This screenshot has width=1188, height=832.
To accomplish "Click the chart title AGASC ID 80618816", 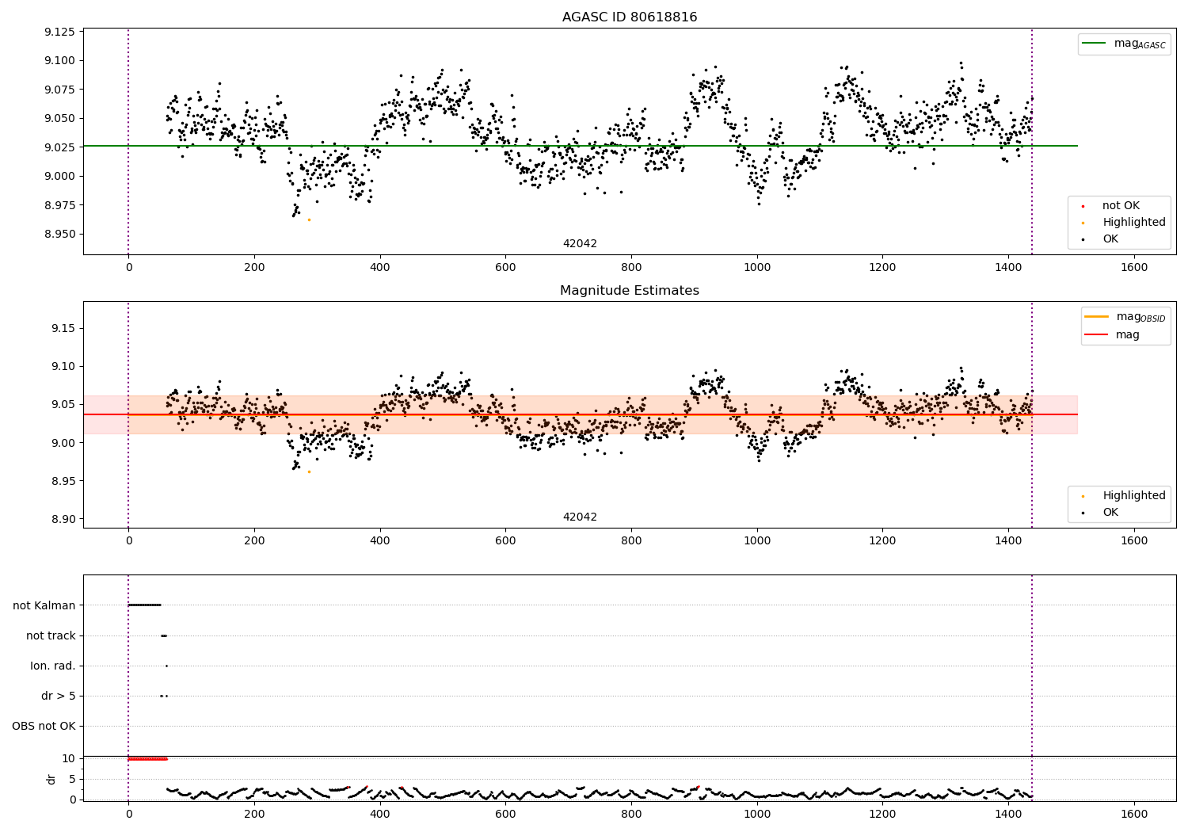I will [630, 17].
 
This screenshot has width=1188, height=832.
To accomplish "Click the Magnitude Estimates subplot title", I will [630, 291].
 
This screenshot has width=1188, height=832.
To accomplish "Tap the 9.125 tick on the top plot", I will [59, 32].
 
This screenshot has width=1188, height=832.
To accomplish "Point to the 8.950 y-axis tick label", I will [59, 234].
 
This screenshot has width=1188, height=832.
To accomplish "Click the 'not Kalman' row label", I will [44, 605].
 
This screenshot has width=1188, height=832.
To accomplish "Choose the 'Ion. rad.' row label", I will [53, 666].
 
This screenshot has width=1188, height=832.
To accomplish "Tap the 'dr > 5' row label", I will [59, 696].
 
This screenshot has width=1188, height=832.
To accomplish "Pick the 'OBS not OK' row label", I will [44, 726].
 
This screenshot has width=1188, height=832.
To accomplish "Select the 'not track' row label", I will [51, 635].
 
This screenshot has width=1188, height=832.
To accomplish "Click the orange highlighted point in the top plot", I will [309, 219].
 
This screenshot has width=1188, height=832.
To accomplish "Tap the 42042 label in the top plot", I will [580, 244].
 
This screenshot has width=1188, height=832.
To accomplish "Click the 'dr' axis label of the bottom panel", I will [51, 779].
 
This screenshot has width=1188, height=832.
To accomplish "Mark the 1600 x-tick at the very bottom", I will [1134, 813].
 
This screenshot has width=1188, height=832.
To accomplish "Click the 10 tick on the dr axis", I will [69, 758].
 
